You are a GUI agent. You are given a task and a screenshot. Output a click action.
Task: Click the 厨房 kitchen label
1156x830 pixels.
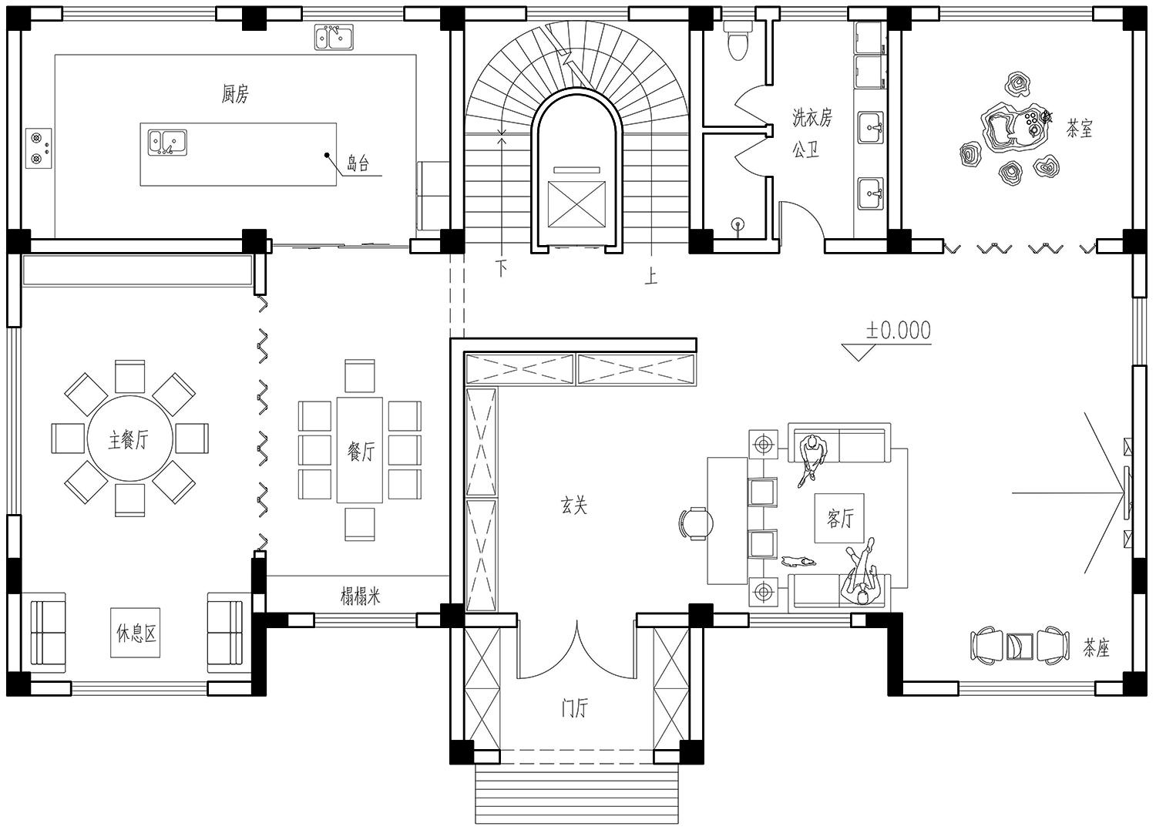pos(235,94)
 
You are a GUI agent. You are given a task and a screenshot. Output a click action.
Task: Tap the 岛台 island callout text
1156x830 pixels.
pos(358,163)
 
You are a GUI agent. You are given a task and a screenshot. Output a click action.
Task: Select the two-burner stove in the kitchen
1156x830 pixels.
pos(39,148)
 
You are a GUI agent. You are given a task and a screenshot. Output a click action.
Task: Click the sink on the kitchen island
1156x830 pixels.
pos(167,143)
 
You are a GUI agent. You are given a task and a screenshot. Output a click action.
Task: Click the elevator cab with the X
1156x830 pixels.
pos(576,204)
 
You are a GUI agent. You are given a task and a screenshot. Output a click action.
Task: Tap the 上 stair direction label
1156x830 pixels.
pos(650,276)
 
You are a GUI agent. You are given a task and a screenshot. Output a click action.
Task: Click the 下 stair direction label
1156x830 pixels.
pos(501,268)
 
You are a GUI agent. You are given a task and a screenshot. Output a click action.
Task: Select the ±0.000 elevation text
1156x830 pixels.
pos(899,331)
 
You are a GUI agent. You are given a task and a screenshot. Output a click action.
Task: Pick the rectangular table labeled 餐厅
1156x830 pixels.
pos(360,449)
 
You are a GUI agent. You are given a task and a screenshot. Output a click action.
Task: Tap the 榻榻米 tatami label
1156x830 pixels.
pos(360,596)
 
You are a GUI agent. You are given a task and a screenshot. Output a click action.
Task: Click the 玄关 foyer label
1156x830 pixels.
pos(574,506)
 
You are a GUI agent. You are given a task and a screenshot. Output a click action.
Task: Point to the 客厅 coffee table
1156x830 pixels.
pos(839,518)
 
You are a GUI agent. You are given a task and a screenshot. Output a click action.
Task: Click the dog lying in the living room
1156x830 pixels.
pos(798,561)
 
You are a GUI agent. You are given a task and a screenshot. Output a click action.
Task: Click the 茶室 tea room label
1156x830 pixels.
pos(1080,128)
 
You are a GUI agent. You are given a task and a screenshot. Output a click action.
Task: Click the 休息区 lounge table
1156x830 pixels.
pos(135,632)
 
